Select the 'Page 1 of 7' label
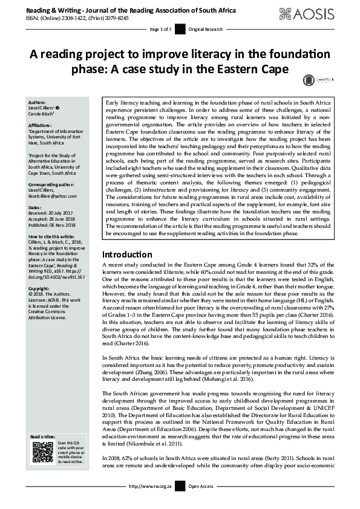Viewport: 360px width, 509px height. point(161,29)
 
